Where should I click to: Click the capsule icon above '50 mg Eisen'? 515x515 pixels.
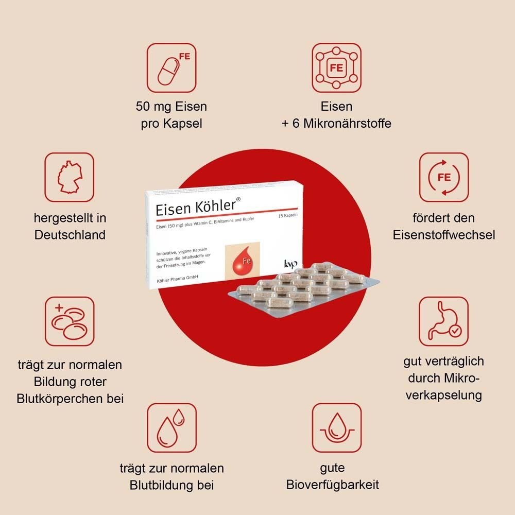tap(171, 67)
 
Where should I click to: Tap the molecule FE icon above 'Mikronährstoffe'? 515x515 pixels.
tap(337, 67)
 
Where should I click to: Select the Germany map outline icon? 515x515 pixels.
tap(69, 177)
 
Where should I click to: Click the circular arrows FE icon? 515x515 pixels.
tap(443, 177)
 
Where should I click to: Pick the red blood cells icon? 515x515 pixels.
tap(69, 321)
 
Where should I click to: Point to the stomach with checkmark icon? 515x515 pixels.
tap(443, 321)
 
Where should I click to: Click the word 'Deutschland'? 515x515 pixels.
tap(70, 235)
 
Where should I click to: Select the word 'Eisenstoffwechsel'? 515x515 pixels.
tap(444, 235)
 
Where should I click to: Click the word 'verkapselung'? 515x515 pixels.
tap(444, 395)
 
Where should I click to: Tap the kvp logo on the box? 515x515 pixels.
tap(290, 263)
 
